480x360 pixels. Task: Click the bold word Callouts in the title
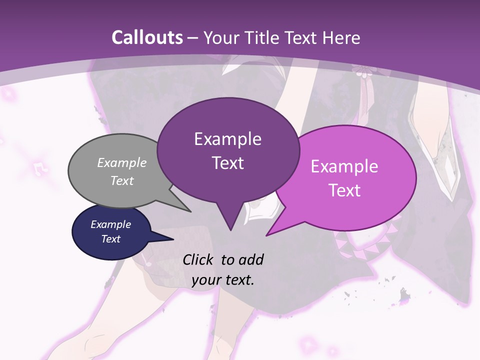(147, 37)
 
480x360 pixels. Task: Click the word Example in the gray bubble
(122, 162)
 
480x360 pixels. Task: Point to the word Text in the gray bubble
(122, 180)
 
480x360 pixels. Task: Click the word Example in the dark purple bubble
(227, 139)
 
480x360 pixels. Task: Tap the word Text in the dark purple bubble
(228, 163)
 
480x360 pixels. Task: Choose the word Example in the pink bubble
(344, 166)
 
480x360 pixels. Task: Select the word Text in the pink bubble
(345, 190)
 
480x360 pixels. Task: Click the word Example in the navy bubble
(111, 224)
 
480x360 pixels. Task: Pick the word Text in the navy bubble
(111, 239)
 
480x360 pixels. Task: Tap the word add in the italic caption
(250, 259)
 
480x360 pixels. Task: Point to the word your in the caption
(206, 280)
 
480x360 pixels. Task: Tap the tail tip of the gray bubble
(190, 211)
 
